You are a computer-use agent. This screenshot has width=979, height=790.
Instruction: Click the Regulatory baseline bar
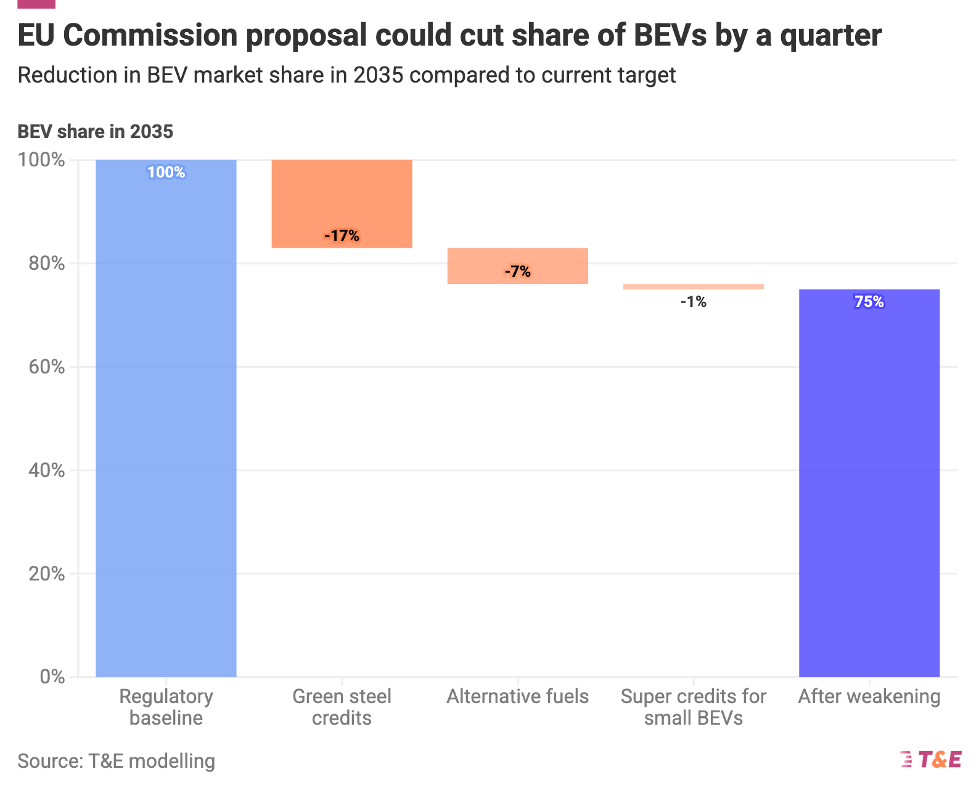pyautogui.click(x=166, y=419)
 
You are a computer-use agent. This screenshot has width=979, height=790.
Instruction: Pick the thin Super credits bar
pyautogui.click(x=694, y=287)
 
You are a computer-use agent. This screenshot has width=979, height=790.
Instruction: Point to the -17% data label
pyautogui.click(x=342, y=236)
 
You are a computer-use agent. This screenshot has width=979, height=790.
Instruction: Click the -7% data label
pyautogui.click(x=517, y=272)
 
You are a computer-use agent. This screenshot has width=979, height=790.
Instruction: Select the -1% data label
pyautogui.click(x=694, y=302)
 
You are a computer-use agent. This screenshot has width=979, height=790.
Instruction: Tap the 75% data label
pyautogui.click(x=869, y=302)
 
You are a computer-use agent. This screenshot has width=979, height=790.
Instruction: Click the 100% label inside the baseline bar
pyautogui.click(x=166, y=173)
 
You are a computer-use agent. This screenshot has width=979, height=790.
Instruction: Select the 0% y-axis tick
pyautogui.click(x=52, y=677)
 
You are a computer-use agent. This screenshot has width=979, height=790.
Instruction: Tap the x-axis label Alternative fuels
pyautogui.click(x=517, y=697)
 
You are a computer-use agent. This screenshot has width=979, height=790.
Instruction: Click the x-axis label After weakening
pyautogui.click(x=869, y=697)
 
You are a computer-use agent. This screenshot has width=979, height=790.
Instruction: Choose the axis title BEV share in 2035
pyautogui.click(x=95, y=132)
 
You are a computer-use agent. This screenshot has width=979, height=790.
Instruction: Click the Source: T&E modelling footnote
pyautogui.click(x=116, y=762)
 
